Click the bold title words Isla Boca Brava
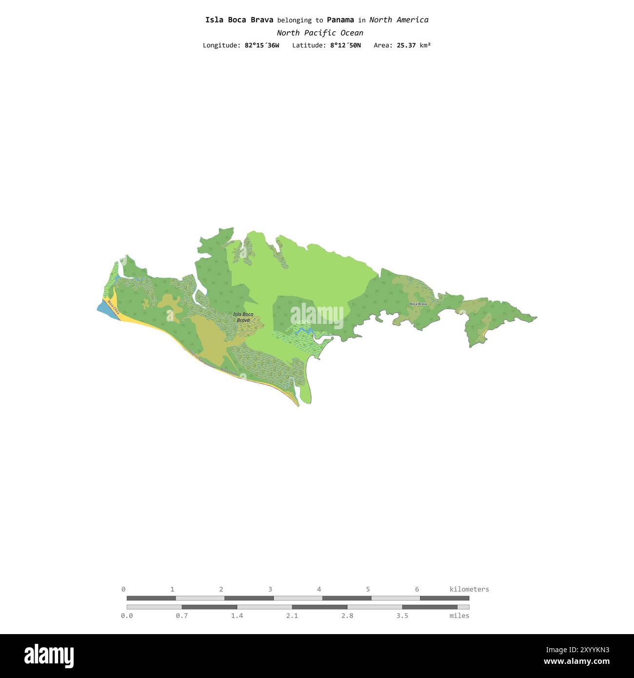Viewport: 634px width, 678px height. tap(239, 20)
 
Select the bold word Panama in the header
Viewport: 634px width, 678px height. tap(340, 20)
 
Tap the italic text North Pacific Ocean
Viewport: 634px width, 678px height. tap(320, 33)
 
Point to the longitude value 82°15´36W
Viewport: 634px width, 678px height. tap(262, 45)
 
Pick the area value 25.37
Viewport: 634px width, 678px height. tap(406, 45)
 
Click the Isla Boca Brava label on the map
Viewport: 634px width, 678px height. tap(243, 317)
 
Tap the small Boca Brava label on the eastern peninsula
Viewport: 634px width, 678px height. tap(418, 304)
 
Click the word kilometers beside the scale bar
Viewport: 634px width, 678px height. tap(469, 589)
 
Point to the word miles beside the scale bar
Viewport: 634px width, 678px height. tap(459, 616)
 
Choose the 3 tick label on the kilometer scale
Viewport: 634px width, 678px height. tap(270, 589)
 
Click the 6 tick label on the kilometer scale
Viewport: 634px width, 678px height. tap(417, 589)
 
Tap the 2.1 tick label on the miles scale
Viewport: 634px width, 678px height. tap(292, 616)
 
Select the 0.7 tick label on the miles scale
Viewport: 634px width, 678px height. tap(182, 616)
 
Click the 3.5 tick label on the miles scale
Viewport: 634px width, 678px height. tap(402, 616)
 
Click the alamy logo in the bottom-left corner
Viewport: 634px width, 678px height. tap(49, 656)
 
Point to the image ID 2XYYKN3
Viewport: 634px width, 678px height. tap(578, 650)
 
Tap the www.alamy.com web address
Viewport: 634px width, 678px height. tap(576, 662)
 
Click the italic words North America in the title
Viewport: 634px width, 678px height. tap(399, 20)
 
